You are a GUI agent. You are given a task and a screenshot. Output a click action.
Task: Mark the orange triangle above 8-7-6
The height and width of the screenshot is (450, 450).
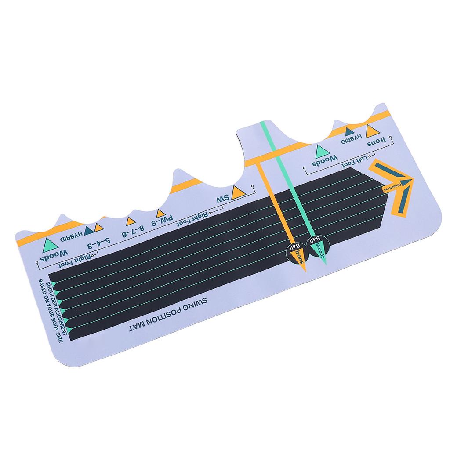coord(131,221)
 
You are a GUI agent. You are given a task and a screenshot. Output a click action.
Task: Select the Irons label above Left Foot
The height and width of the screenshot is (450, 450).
coord(377,141)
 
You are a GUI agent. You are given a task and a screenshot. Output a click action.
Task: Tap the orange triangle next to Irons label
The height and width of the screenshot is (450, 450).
coord(372,130)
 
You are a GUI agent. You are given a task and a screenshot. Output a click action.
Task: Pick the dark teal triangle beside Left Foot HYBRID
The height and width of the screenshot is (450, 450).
coord(350,131)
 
